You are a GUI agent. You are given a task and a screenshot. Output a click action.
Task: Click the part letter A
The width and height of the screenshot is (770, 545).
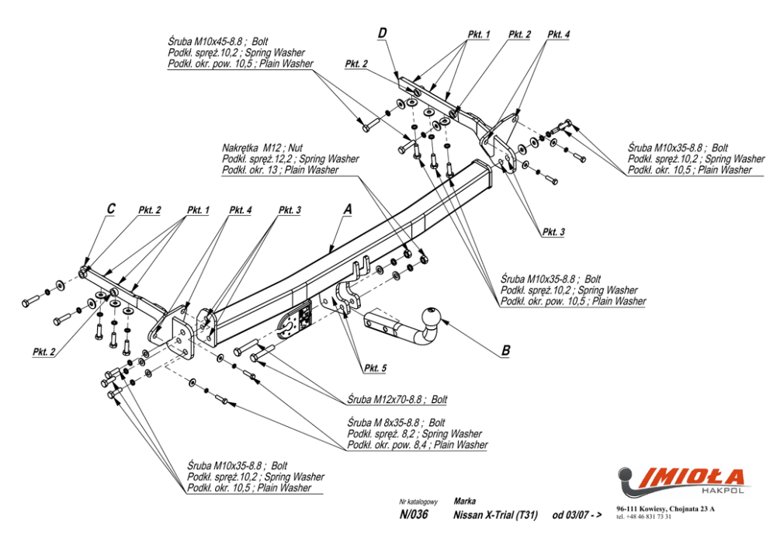(x=348, y=210)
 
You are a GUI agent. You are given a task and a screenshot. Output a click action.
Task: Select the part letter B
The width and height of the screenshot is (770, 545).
(x=505, y=351)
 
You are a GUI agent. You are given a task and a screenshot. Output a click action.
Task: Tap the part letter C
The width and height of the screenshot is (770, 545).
(x=111, y=209)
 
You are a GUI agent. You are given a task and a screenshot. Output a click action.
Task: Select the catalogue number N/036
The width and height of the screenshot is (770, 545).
(x=412, y=515)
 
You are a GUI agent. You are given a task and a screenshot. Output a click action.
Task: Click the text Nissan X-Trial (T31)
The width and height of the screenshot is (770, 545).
(x=494, y=515)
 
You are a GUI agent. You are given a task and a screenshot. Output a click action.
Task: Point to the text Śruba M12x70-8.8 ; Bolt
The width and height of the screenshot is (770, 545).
(x=397, y=400)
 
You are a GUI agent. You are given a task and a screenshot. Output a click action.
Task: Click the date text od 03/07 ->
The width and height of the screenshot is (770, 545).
(x=577, y=515)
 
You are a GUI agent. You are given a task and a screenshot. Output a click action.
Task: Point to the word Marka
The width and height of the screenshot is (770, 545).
(x=464, y=502)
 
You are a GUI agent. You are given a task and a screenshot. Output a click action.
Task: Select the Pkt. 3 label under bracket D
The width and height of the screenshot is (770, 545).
(x=553, y=232)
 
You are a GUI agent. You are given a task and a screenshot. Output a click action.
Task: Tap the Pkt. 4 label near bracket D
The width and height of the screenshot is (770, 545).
(x=557, y=35)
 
